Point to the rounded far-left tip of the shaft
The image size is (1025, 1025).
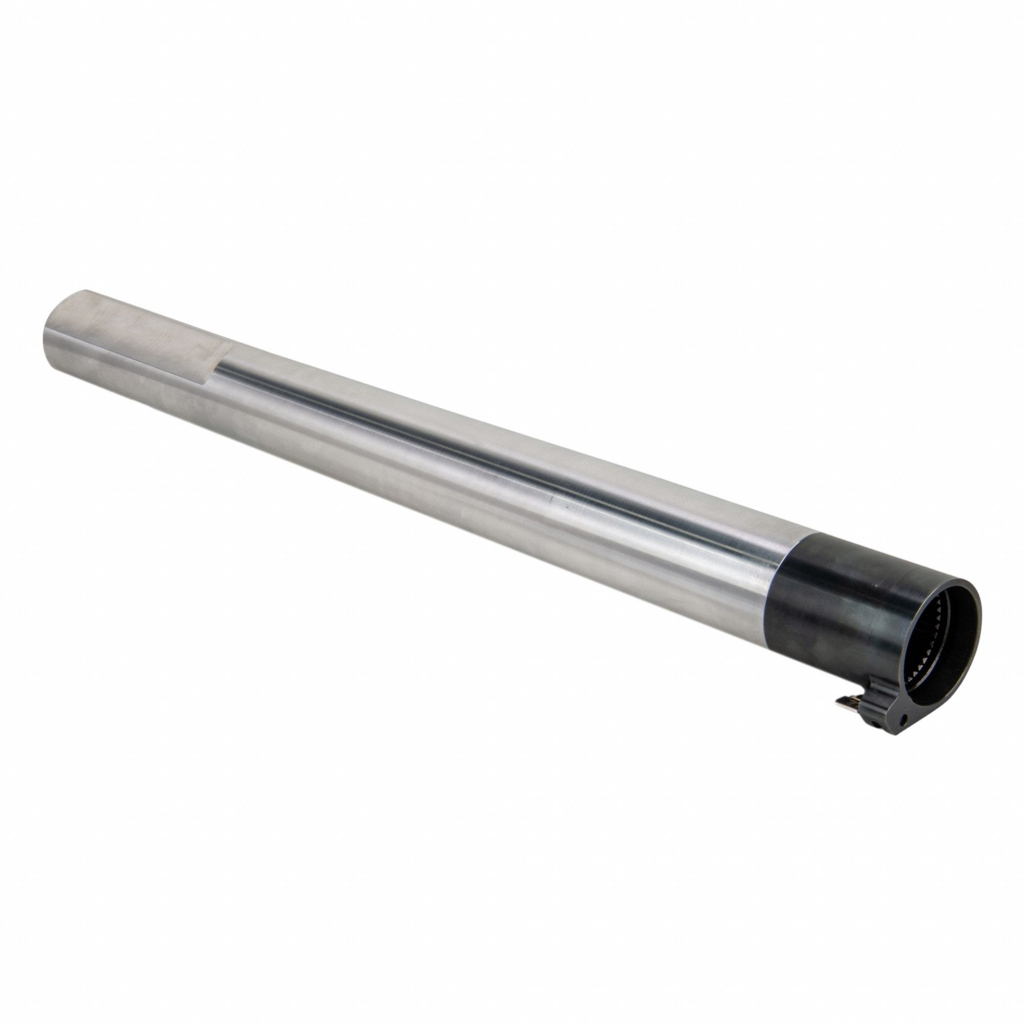coord(45,340)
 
